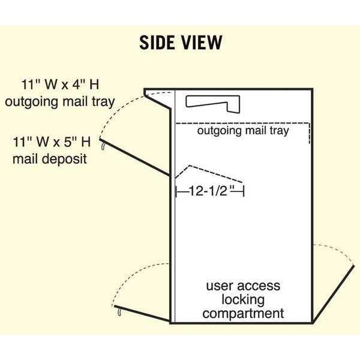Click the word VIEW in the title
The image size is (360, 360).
pyautogui.click(x=202, y=43)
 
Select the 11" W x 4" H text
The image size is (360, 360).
pyautogui.click(x=61, y=84)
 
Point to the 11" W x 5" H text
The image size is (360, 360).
pyautogui.click(x=52, y=142)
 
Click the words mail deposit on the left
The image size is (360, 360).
pyautogui.click(x=50, y=159)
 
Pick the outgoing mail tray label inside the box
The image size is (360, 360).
pyautogui.click(x=243, y=131)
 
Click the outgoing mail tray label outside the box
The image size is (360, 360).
pyautogui.click(x=60, y=102)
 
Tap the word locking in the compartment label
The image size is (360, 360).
pyautogui.click(x=243, y=300)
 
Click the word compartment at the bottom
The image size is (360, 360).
pyautogui.click(x=243, y=313)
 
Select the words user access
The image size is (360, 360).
pyautogui.click(x=243, y=286)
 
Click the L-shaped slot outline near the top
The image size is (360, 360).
pyautogui.click(x=212, y=104)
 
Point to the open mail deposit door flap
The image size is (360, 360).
pyautogui.click(x=135, y=157)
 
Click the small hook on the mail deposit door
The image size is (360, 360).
pyautogui.click(x=103, y=146)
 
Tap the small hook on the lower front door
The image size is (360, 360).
pyautogui.click(x=119, y=312)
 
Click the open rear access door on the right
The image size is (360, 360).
pyautogui.click(x=334, y=294)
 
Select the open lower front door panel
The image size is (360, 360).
pyautogui.click(x=142, y=313)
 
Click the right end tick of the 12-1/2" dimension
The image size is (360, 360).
pyautogui.click(x=244, y=191)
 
